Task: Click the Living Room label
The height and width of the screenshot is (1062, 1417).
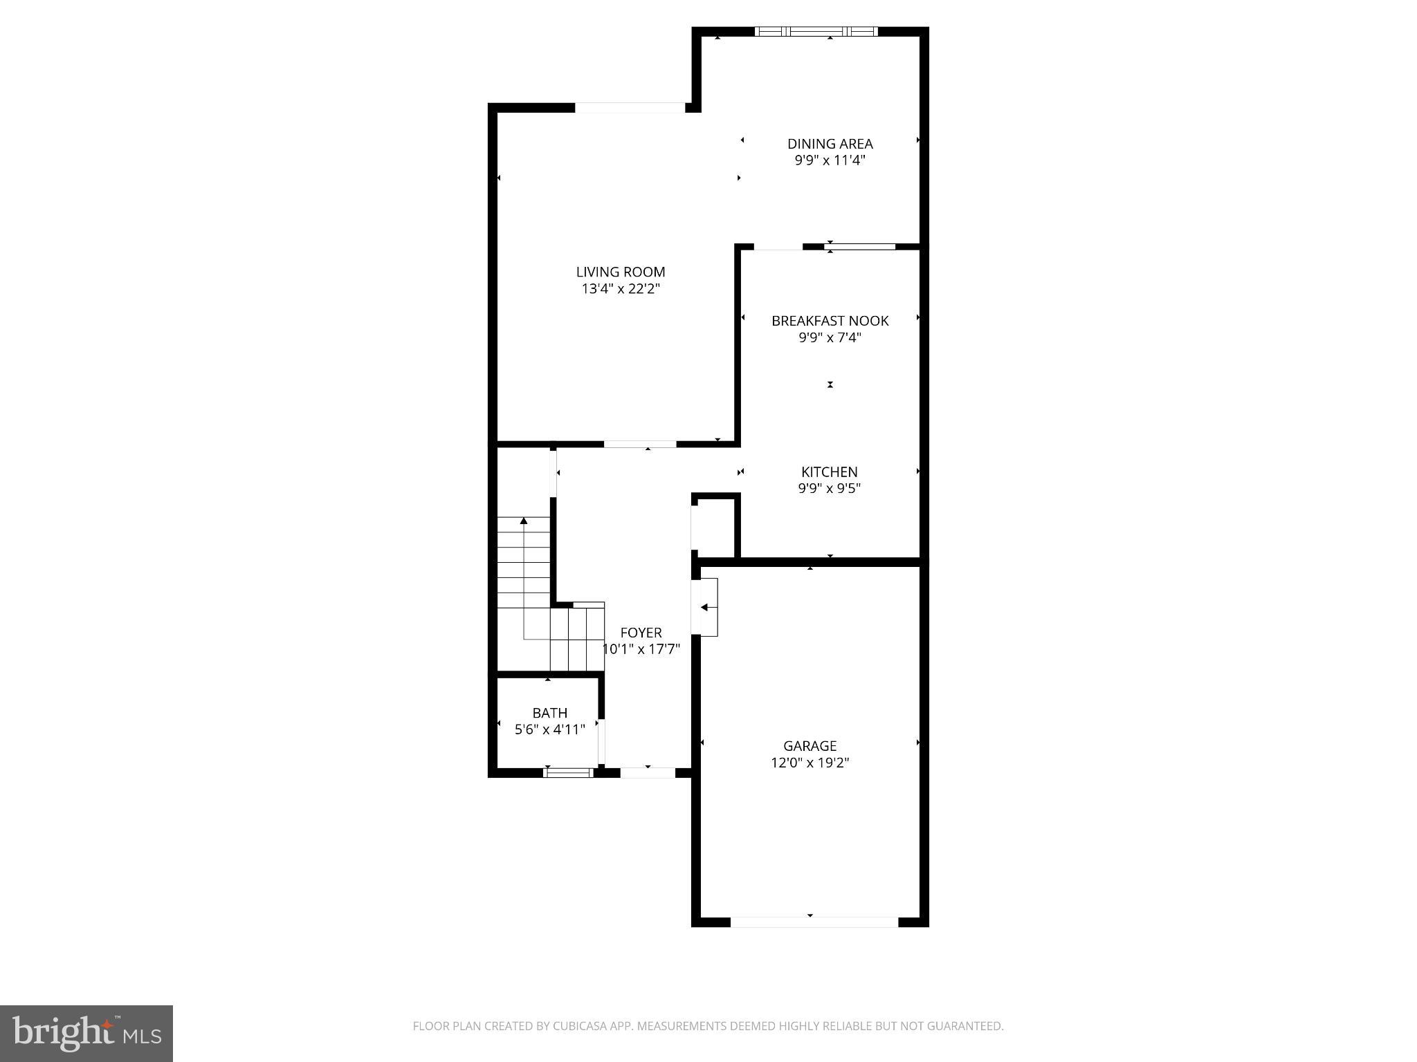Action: pyautogui.click(x=621, y=272)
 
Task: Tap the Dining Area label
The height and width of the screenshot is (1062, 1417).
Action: pyautogui.click(x=830, y=144)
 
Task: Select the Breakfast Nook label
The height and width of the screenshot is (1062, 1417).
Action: pyautogui.click(x=830, y=321)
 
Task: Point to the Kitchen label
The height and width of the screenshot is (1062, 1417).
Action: pyautogui.click(x=829, y=472)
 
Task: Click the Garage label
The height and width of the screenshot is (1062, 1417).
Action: pyautogui.click(x=810, y=746)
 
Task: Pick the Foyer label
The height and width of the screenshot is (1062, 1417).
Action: pyautogui.click(x=641, y=633)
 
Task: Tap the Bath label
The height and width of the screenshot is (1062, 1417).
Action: pyautogui.click(x=549, y=713)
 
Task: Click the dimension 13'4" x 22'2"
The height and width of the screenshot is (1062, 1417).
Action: pyautogui.click(x=621, y=289)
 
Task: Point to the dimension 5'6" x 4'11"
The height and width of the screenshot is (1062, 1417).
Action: pyautogui.click(x=549, y=729)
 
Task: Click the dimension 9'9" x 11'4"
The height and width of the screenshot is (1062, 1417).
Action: pyautogui.click(x=830, y=161)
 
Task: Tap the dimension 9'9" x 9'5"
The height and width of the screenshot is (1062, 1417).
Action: pyautogui.click(x=829, y=489)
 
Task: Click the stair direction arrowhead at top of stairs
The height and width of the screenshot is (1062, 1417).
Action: pyautogui.click(x=524, y=520)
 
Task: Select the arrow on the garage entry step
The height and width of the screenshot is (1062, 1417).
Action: pyautogui.click(x=705, y=608)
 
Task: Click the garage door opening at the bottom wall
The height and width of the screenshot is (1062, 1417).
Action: pyautogui.click(x=814, y=922)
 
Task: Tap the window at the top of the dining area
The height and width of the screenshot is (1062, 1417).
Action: pyautogui.click(x=816, y=31)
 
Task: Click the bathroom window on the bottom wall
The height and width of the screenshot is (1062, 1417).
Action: pyautogui.click(x=568, y=772)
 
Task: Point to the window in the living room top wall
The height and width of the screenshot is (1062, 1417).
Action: pyautogui.click(x=630, y=108)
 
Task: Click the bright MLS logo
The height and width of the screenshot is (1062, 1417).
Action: pyautogui.click(x=86, y=1034)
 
